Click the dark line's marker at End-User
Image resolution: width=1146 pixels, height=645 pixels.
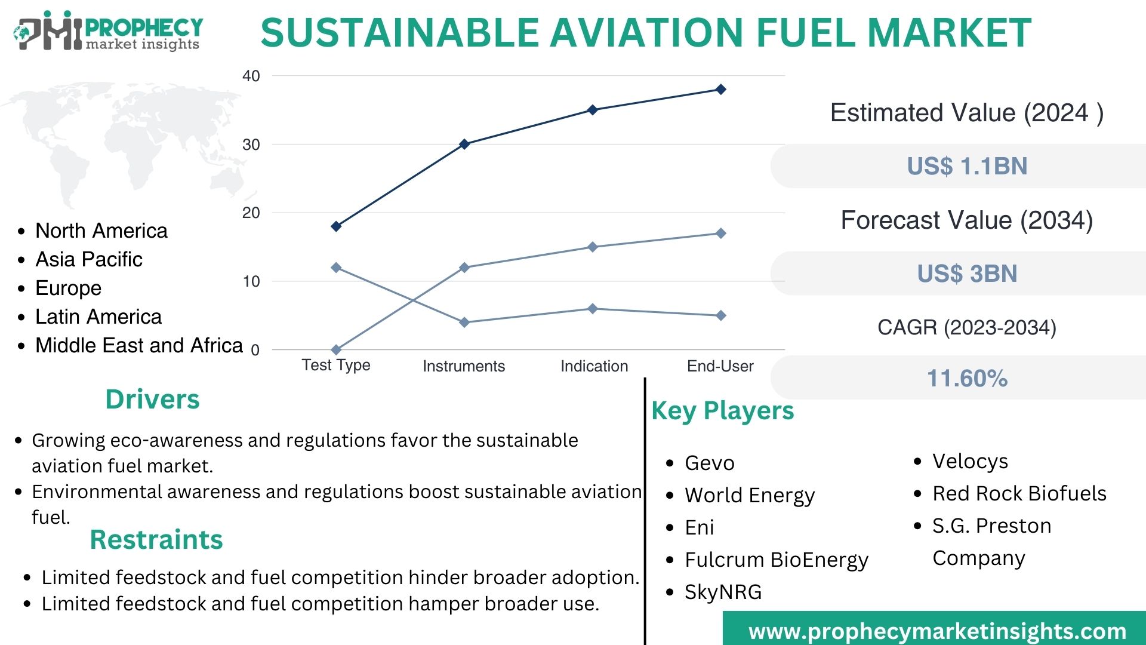[x=720, y=90]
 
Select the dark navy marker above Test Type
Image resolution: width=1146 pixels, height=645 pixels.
[x=336, y=226]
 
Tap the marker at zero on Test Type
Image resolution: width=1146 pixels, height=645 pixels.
[x=336, y=349]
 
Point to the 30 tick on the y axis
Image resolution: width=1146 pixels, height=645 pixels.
[x=251, y=145]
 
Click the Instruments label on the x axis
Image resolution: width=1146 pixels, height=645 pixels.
[x=463, y=366]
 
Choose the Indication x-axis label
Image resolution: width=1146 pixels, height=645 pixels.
[x=594, y=366]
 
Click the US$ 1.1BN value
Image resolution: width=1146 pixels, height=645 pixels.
[x=967, y=166]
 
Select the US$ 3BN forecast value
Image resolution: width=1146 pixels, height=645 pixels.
[x=967, y=274]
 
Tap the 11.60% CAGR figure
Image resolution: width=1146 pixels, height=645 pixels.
[x=967, y=378]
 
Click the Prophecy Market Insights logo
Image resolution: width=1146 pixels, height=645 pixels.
[x=107, y=31]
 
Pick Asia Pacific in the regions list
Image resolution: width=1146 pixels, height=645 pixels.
[x=89, y=259]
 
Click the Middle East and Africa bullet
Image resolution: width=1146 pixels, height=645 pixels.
[x=138, y=345]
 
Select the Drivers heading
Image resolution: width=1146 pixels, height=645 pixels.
[x=152, y=399]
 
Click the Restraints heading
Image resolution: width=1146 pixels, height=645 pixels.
[x=156, y=539]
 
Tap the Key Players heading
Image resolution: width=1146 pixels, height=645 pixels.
[x=722, y=411]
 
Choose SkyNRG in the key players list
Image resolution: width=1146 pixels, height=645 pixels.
[x=723, y=592]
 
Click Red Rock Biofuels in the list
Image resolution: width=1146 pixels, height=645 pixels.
[x=1019, y=493]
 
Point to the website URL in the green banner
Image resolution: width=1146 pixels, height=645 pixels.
[x=937, y=631]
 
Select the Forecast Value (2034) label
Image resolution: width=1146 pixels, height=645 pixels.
[x=967, y=220]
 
